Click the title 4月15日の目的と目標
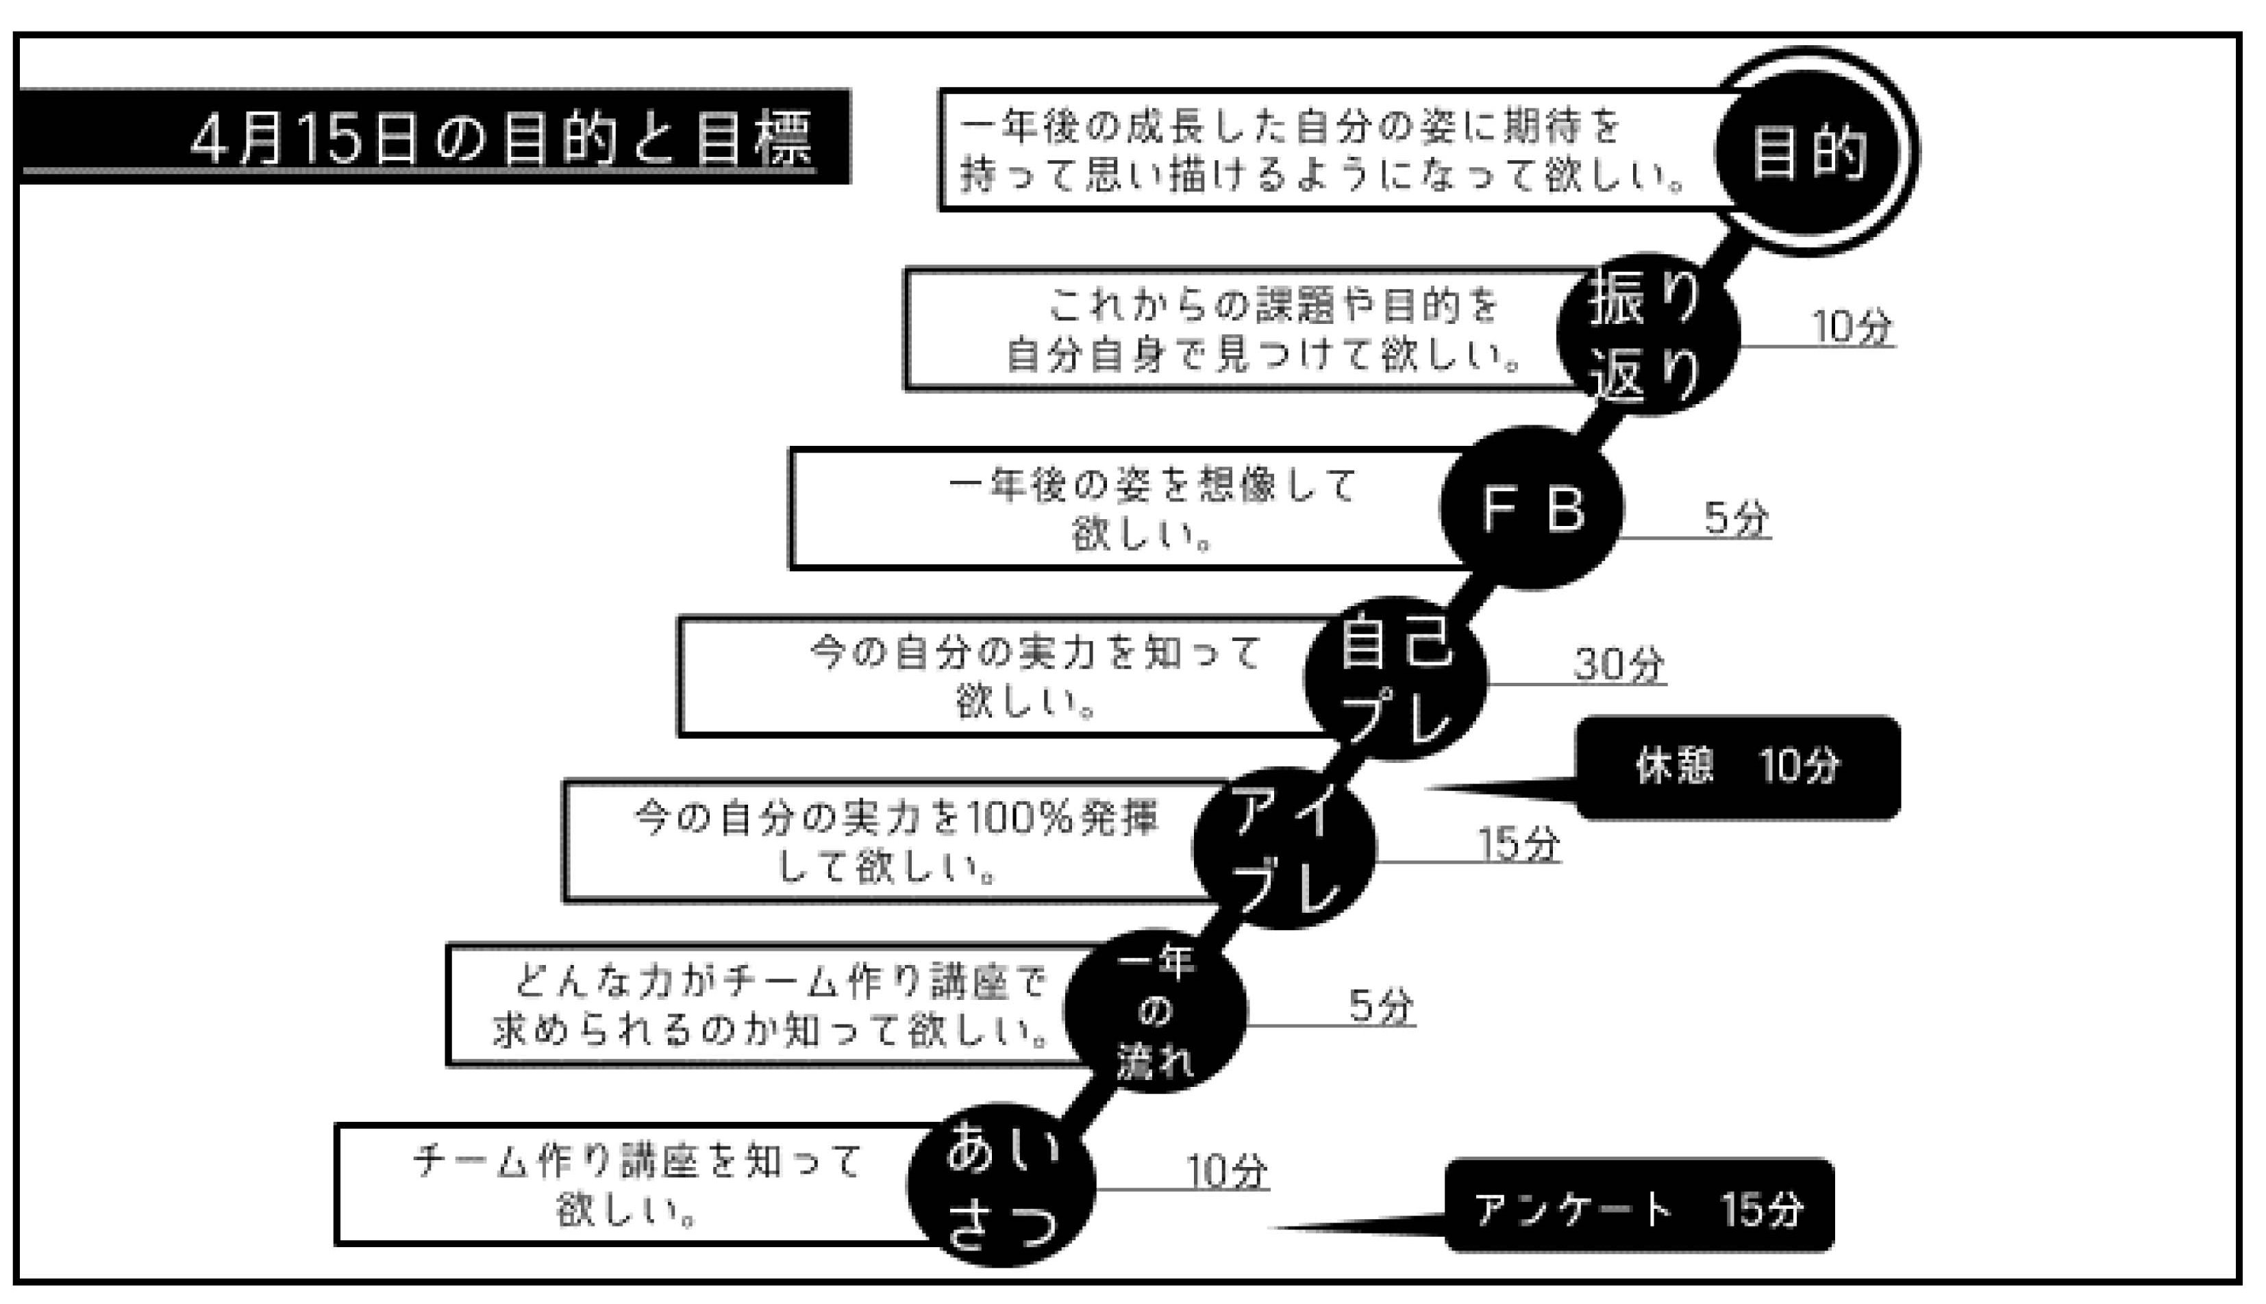[x=501, y=139]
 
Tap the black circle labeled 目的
[x=1809, y=151]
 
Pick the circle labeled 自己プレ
[x=1395, y=679]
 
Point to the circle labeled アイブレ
[x=1284, y=847]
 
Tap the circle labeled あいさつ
[x=1001, y=1184]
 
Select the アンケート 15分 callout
[x=1639, y=1206]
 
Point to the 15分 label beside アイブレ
[x=1517, y=844]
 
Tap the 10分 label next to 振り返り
[x=1852, y=327]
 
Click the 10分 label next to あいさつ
[x=1226, y=1170]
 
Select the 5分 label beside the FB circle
[x=1736, y=518]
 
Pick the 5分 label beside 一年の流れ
[x=1381, y=1007]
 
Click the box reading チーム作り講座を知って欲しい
[x=627, y=1184]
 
